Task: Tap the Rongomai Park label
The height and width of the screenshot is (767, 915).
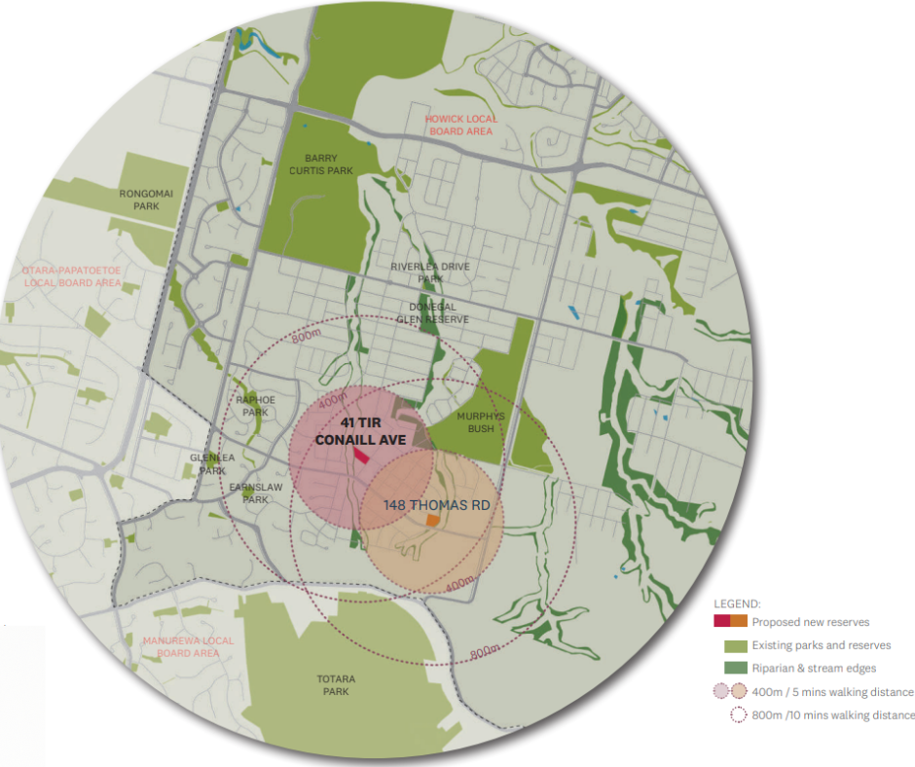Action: coord(146,199)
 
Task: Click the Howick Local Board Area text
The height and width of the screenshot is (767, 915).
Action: coord(460,125)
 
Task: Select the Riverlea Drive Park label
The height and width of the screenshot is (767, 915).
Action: coord(430,272)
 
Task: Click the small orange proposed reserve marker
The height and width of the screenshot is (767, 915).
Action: coord(432,522)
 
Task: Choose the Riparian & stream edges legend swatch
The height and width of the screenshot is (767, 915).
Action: coord(735,668)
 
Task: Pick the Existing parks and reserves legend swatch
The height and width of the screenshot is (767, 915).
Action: coord(735,645)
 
